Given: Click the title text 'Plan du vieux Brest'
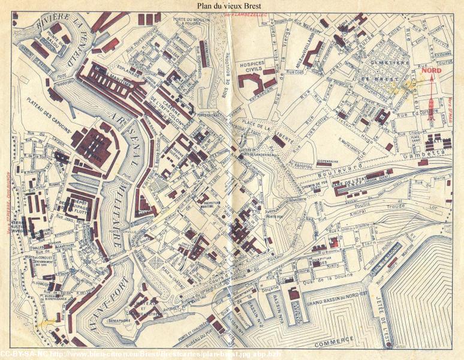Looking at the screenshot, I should click(x=232, y=6).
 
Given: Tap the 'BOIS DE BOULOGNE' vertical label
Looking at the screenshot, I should click(x=228, y=69).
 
